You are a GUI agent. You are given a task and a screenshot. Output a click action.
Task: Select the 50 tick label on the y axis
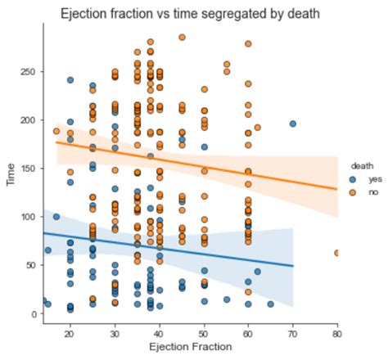33,265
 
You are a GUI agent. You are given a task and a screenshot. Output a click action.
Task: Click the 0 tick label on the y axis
35,313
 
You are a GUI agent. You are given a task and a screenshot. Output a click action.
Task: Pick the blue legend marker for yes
352,178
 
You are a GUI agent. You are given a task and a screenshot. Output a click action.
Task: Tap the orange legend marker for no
352,191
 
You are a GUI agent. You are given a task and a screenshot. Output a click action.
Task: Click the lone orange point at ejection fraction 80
337,254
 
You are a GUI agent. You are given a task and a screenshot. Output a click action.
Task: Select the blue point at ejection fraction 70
292,124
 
